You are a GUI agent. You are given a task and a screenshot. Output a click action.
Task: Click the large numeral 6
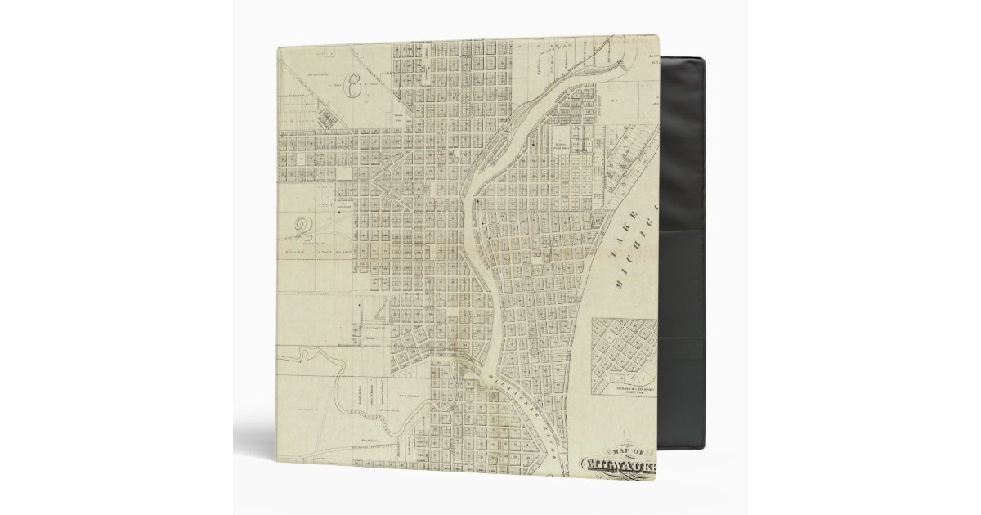352,86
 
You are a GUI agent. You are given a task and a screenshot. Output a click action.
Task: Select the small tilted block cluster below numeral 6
327,119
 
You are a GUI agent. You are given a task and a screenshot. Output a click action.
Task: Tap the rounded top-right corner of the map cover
654,38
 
